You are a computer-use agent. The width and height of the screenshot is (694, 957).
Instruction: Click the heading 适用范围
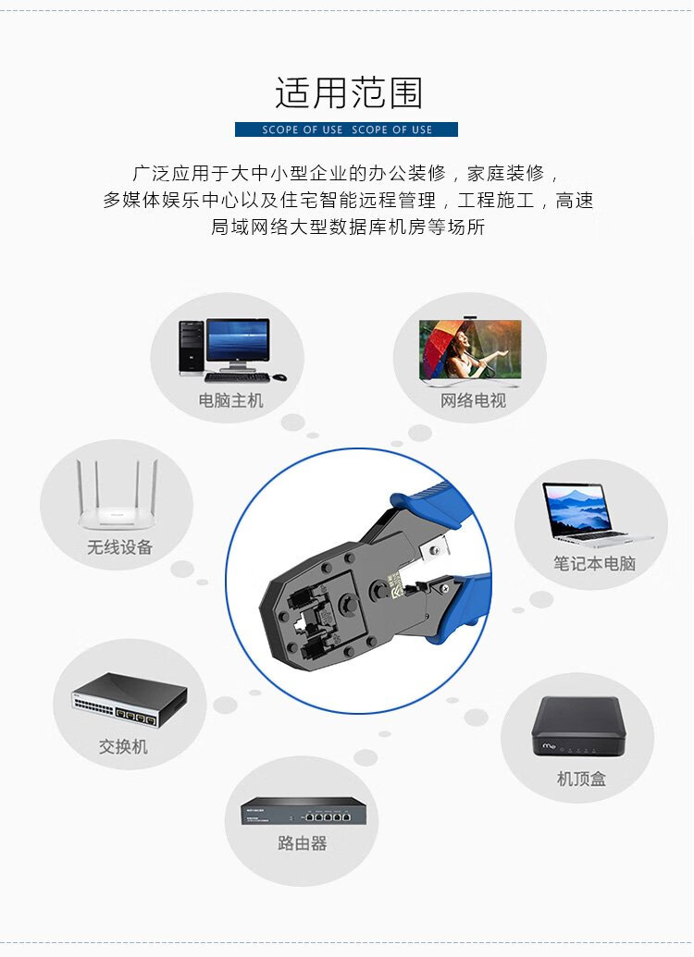(x=348, y=92)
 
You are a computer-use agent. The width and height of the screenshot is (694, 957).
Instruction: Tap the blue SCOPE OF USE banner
(x=346, y=129)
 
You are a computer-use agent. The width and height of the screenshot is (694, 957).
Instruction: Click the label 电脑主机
(x=230, y=400)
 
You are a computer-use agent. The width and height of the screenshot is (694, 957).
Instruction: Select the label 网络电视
(x=473, y=400)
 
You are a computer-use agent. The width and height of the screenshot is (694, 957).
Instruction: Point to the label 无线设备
(x=119, y=546)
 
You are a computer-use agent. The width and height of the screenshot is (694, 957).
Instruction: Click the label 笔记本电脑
(x=594, y=563)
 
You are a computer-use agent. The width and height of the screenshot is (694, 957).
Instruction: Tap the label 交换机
(x=123, y=746)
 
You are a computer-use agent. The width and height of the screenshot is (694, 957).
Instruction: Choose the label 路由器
(x=303, y=843)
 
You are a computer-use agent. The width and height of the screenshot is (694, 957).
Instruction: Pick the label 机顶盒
(x=581, y=779)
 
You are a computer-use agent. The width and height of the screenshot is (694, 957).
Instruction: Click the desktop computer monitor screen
(x=238, y=340)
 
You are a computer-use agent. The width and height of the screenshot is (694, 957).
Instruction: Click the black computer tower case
(x=192, y=347)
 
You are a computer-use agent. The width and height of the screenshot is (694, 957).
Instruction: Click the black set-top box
(x=578, y=726)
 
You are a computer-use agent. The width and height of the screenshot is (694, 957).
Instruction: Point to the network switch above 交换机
(x=130, y=700)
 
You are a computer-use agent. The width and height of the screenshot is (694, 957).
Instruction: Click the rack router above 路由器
(x=303, y=811)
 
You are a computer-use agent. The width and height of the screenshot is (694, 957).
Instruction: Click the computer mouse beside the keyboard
(x=279, y=377)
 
